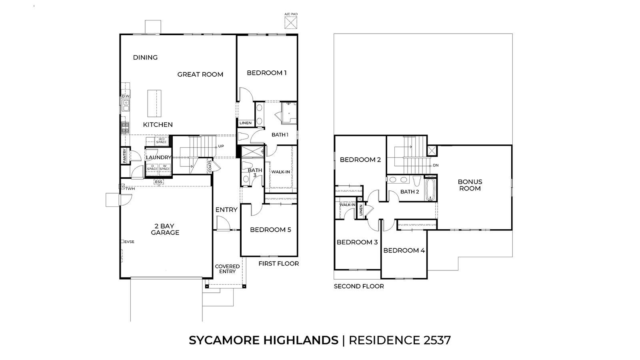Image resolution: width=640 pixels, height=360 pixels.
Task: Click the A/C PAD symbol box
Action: pyautogui.click(x=291, y=22)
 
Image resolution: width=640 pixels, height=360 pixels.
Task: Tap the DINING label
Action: pyautogui.click(x=145, y=58)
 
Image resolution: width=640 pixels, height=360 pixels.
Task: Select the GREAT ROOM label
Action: pyautogui.click(x=200, y=74)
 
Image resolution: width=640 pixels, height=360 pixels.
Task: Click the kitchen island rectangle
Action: pyautogui.click(x=154, y=104)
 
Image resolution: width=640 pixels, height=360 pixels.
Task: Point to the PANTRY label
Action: pyautogui.click(x=124, y=156)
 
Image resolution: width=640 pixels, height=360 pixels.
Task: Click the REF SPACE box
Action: pyautogui.click(x=161, y=140)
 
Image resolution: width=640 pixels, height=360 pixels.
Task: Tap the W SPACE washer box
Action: pyautogui.click(x=164, y=168)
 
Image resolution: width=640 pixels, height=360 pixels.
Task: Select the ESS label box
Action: pyautogui.click(x=158, y=182)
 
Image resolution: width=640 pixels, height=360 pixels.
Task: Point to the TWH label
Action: pyautogui.click(x=130, y=189)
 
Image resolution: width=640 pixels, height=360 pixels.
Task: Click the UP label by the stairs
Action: pyautogui.click(x=221, y=146)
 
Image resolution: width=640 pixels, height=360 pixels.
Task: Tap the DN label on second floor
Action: pyautogui.click(x=436, y=166)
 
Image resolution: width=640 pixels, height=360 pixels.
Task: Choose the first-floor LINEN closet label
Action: pyautogui.click(x=246, y=123)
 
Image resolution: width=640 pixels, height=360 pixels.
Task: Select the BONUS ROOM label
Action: pyautogui.click(x=470, y=185)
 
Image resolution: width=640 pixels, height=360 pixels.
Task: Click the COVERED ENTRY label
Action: pyautogui.click(x=228, y=269)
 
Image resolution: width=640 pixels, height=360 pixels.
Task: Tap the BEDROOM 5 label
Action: pyautogui.click(x=270, y=230)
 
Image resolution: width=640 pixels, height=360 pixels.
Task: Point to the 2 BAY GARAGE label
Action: pyautogui.click(x=165, y=230)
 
